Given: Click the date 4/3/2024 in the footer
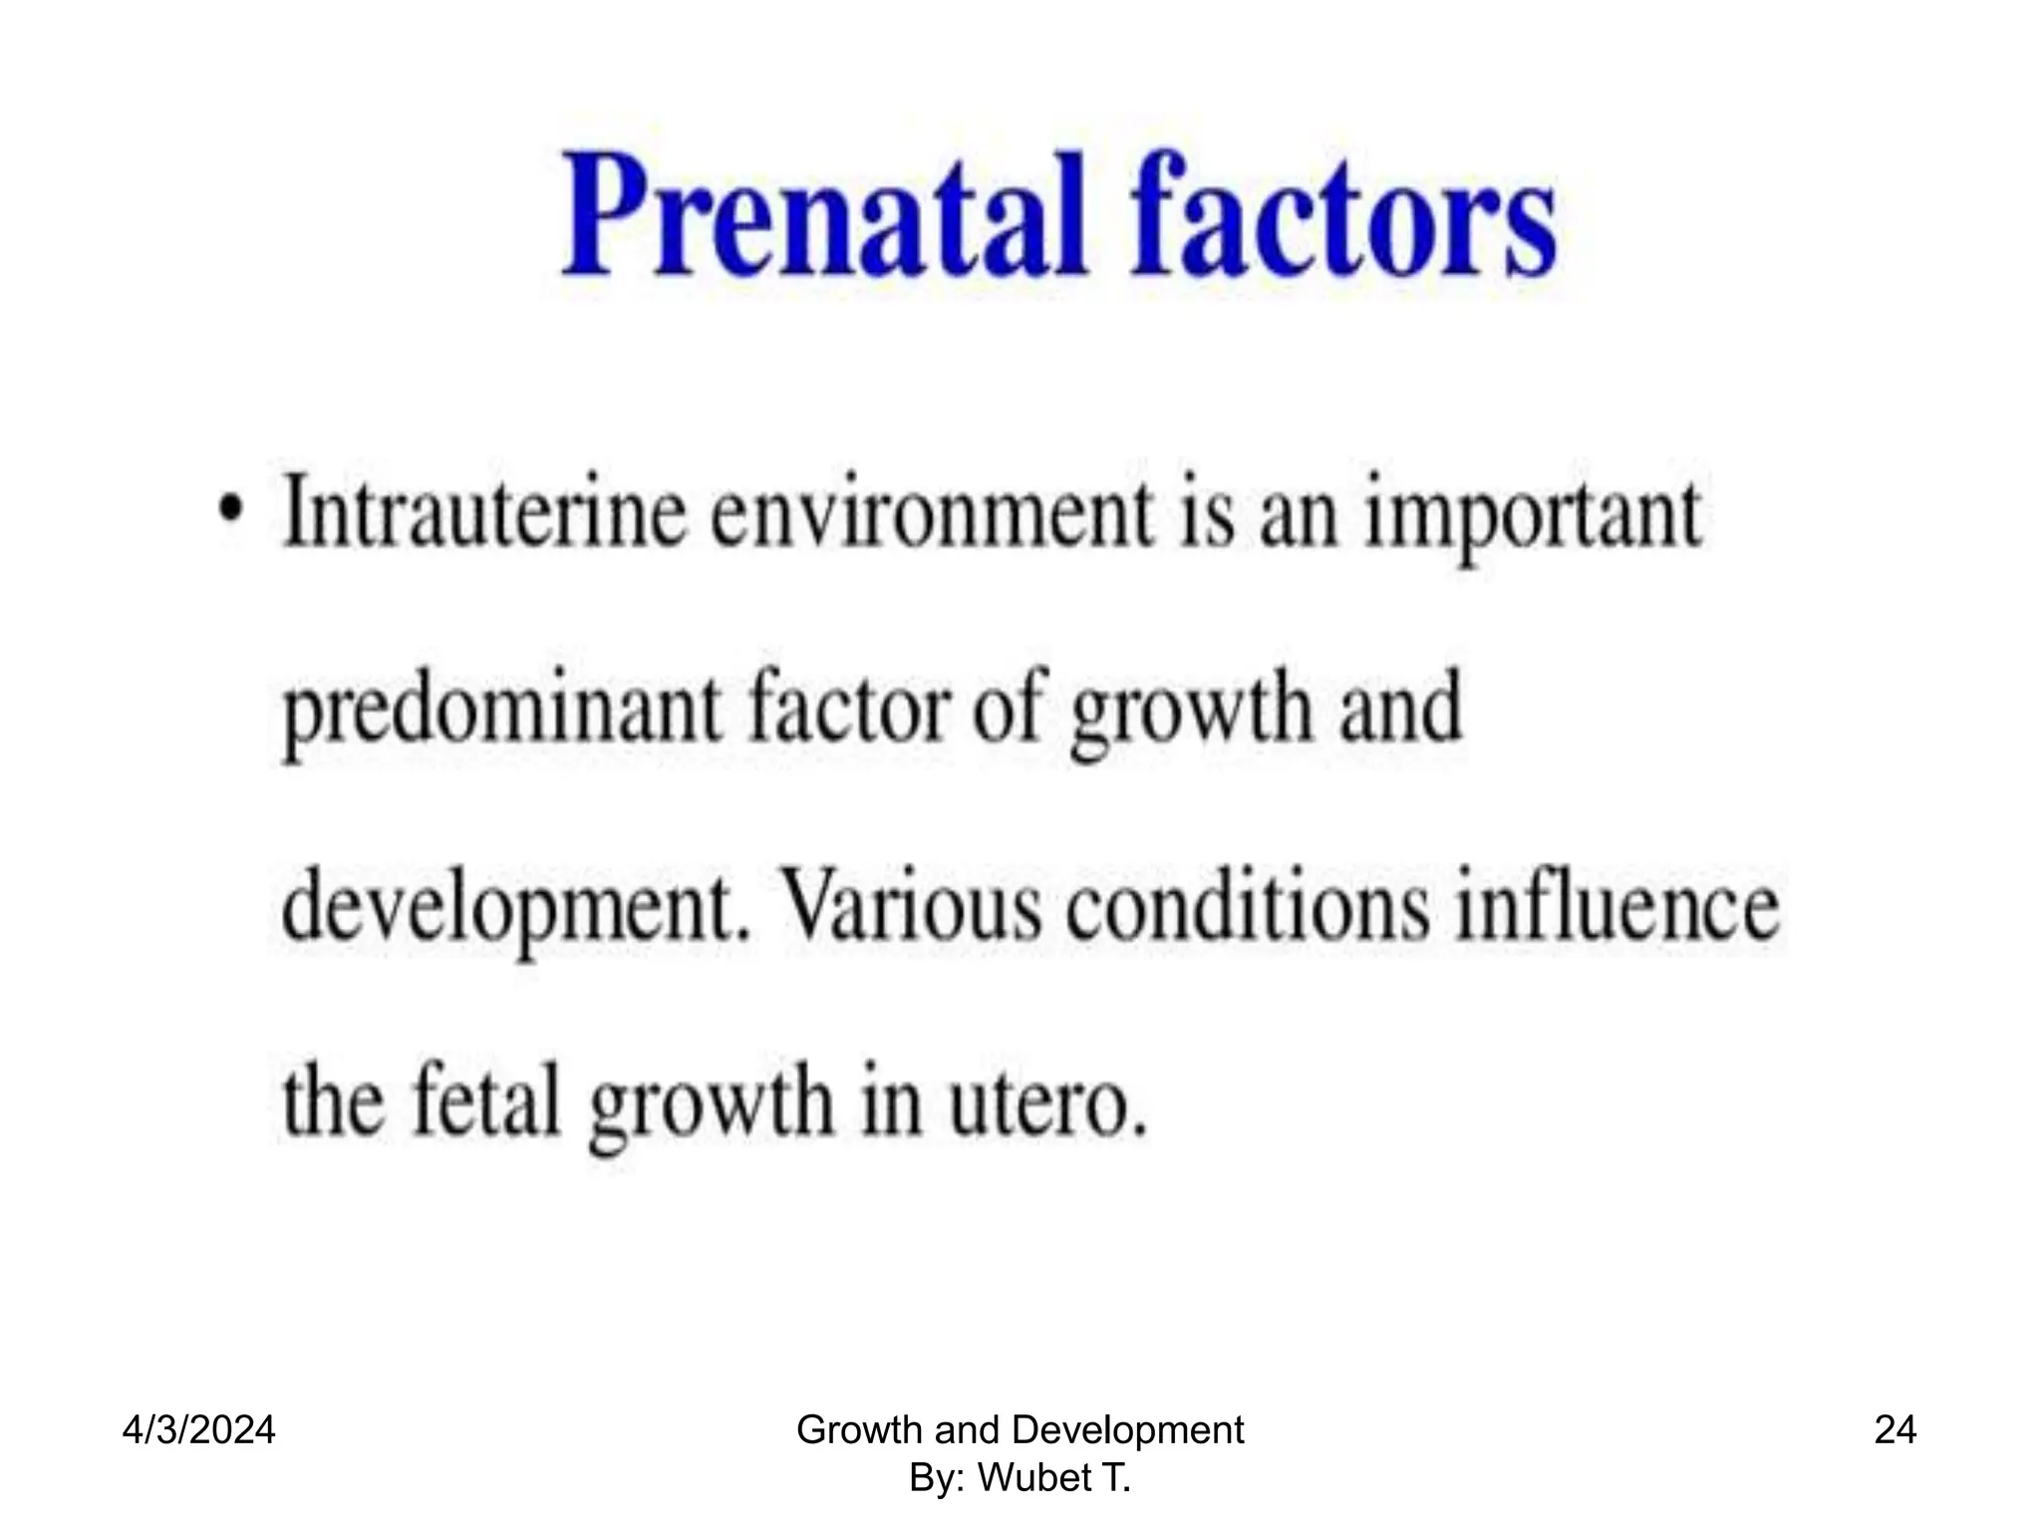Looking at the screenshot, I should tap(199, 1431).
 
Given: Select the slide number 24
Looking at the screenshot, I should tap(1895, 1431).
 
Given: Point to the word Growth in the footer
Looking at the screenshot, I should tap(861, 1431).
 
